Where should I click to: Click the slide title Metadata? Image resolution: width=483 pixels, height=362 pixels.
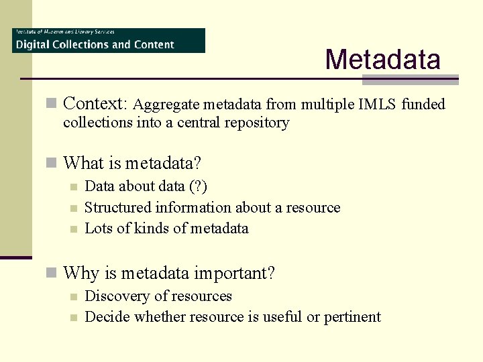click(x=382, y=59)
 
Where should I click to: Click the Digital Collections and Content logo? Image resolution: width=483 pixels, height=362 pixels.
click(x=109, y=40)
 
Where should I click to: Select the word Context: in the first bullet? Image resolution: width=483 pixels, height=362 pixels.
click(x=95, y=104)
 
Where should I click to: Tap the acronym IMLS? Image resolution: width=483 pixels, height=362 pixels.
click(x=380, y=105)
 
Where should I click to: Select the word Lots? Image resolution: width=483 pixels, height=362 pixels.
click(x=98, y=229)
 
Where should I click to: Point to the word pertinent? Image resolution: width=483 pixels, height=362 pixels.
click(x=352, y=317)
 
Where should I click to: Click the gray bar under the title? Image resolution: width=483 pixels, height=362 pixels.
click(x=410, y=80)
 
